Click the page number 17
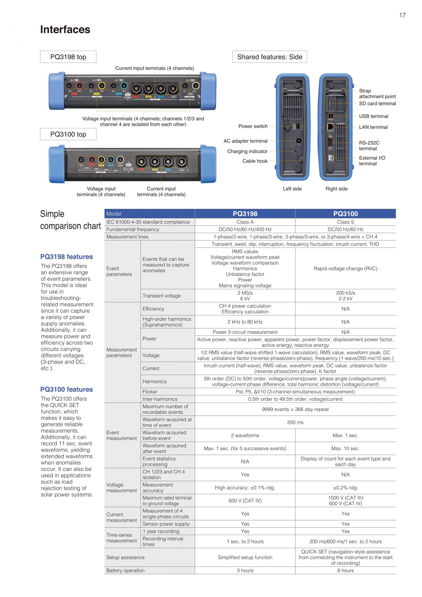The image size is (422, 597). pos(402,15)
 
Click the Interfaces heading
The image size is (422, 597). pos(65,30)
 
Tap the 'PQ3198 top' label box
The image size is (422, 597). pos(68,57)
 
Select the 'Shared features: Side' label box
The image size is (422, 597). pos(270,57)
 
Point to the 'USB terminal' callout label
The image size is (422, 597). pos(373,116)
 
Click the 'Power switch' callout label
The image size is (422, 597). pos(253,126)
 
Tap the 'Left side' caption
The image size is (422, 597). pos(292,189)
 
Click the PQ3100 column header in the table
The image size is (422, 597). pos(345,214)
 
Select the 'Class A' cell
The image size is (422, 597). pos(245,222)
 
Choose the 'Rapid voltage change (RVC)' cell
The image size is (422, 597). pos(345,269)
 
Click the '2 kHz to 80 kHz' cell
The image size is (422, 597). pos(245,322)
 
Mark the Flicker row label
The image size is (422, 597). pos(150,392)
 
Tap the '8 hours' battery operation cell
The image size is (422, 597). pos(345,570)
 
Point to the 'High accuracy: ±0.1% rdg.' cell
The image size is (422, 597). pos(245,488)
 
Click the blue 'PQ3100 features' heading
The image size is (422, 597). pos(67,389)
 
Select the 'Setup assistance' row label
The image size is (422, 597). pos(125,557)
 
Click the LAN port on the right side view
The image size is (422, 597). pos(330,127)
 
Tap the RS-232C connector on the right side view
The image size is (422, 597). pos(331,142)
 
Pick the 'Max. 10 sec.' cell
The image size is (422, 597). pos(345,449)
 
